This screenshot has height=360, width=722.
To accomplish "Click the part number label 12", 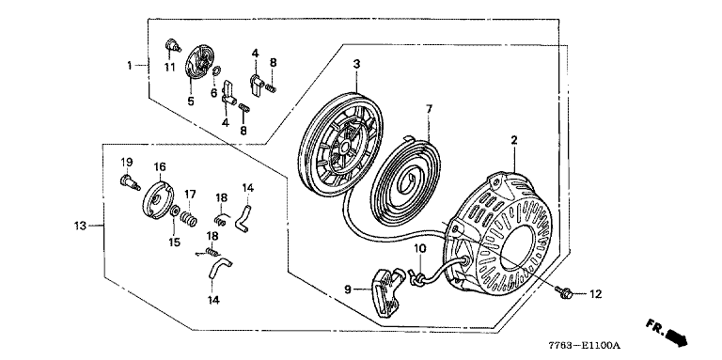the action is pos(595,294).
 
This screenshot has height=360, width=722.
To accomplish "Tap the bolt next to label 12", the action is pos(564,292).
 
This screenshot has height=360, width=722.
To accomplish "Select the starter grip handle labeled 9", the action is pos(384,292).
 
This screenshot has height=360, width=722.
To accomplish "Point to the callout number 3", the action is pos(356,65).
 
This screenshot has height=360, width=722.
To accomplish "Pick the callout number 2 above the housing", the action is pos(514,140).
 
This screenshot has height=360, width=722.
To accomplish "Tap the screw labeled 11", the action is pos(172,45).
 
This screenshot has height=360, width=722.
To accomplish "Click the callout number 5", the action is pos(190,101).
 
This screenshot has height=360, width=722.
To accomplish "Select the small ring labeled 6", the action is pos(217,70).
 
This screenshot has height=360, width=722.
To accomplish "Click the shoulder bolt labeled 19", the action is pos(130,181).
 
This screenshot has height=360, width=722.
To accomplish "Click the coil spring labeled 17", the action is pos(190,218).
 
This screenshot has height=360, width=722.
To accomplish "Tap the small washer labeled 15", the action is pos(175,211).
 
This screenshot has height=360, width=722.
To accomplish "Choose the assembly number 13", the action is pos(80,226).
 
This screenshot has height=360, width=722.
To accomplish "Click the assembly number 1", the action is pos(130,66).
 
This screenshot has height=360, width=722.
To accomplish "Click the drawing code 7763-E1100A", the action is pos(585,344).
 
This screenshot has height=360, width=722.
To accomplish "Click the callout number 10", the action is pos(420,249).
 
